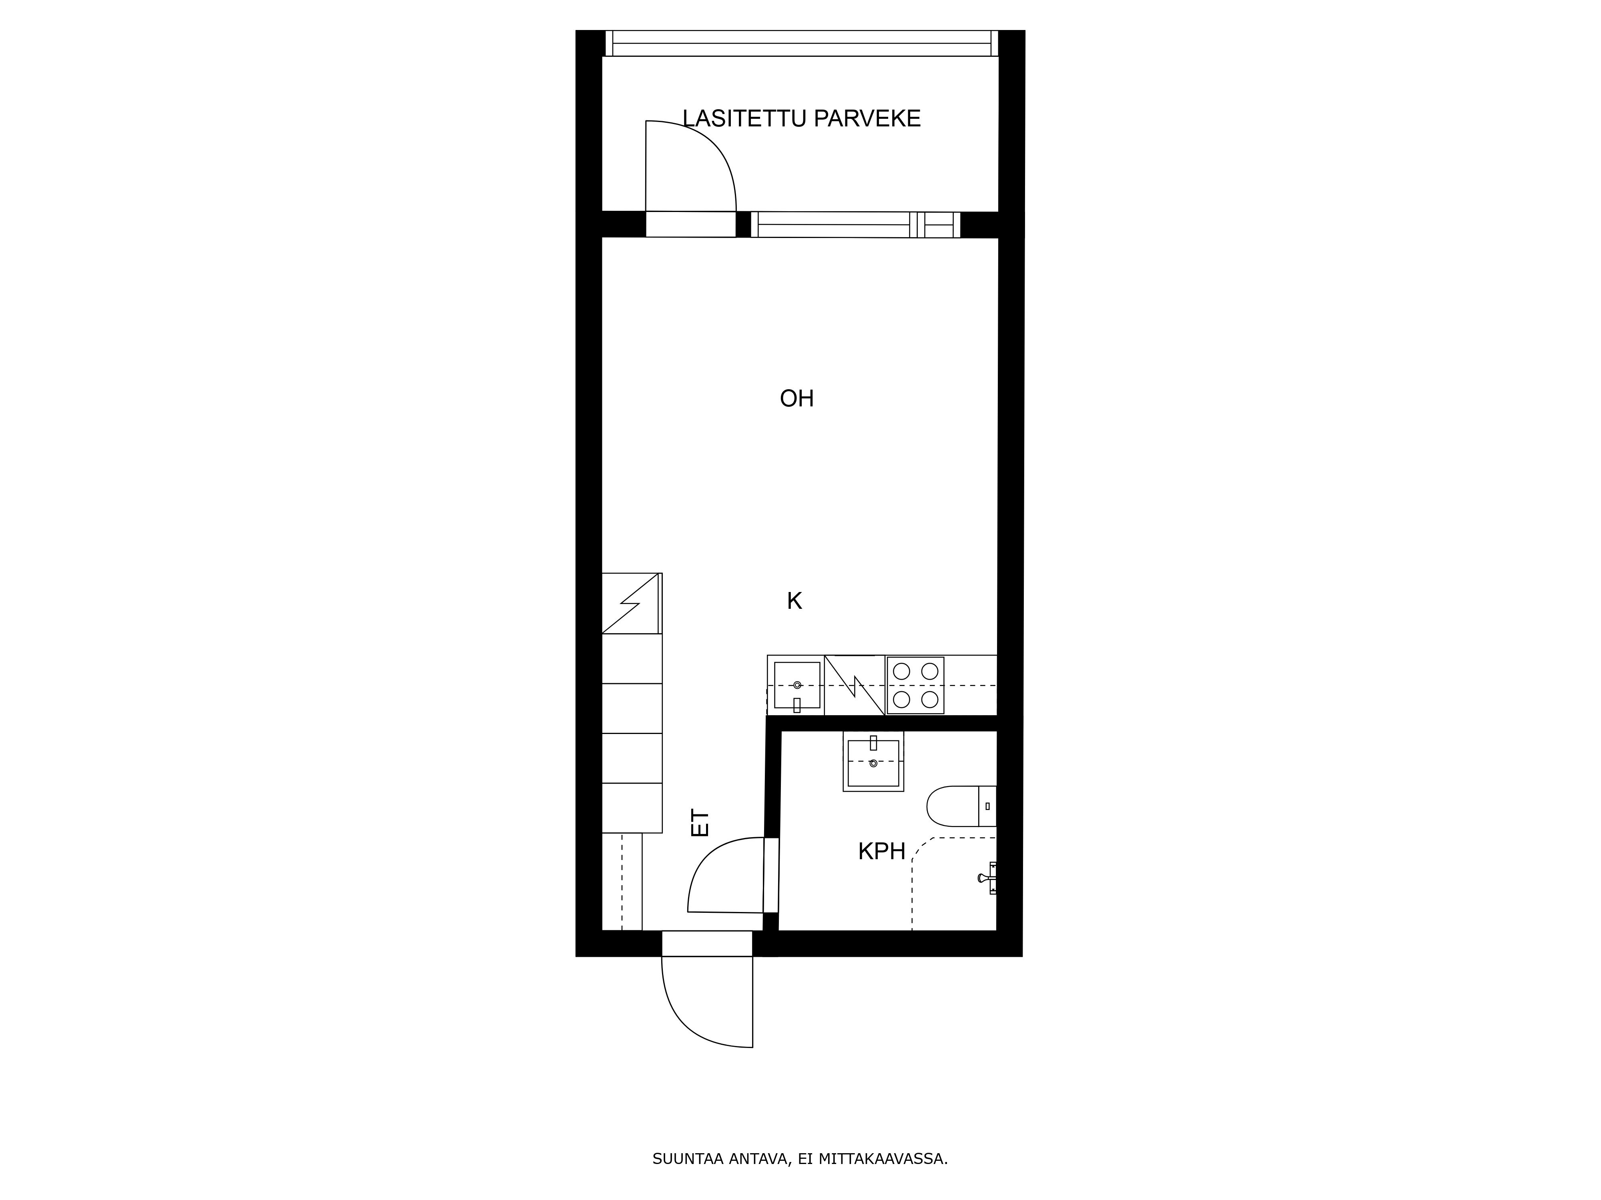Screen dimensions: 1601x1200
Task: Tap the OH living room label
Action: click(x=797, y=398)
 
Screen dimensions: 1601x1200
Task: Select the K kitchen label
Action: click(x=795, y=601)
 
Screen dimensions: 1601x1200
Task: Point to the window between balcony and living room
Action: click(x=855, y=224)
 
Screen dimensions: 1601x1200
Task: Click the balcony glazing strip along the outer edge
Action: click(x=801, y=43)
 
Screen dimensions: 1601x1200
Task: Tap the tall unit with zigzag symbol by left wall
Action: click(x=632, y=603)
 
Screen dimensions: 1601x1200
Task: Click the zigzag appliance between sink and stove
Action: click(x=855, y=685)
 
